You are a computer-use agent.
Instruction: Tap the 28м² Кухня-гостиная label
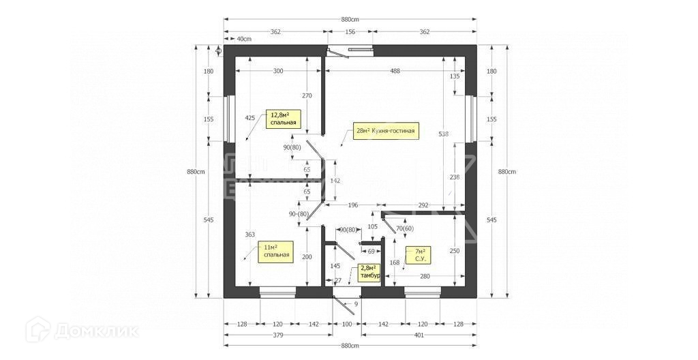tap(386, 130)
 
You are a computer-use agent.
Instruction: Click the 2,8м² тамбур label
tap(369, 272)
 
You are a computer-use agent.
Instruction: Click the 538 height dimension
tap(444, 134)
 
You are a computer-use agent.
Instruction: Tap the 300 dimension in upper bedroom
tap(279, 71)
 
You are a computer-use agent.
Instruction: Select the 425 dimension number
tap(249, 118)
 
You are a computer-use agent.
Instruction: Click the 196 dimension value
tap(353, 205)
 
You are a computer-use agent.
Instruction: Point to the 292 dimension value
tap(423, 205)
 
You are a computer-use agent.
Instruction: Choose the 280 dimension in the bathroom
tap(425, 276)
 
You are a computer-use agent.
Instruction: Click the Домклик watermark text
tap(96, 331)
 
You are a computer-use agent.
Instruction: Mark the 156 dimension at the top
tap(350, 31)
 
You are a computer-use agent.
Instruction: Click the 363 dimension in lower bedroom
tap(249, 234)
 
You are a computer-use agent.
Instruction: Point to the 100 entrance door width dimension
tap(347, 324)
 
